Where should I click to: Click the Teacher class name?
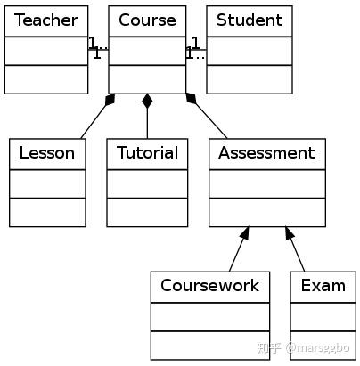[x=45, y=20]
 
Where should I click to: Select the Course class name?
[x=147, y=20]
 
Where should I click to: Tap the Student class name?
[x=250, y=20]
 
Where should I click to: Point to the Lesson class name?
[x=47, y=153]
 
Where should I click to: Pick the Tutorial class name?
[x=147, y=153]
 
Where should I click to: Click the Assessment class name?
[x=266, y=153]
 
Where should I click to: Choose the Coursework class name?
[x=209, y=286]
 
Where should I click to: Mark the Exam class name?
[x=323, y=286]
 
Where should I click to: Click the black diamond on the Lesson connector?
[x=110, y=100]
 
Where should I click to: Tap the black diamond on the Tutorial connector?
[x=147, y=101]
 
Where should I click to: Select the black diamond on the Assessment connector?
[x=191, y=99]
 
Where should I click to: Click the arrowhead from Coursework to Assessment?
[x=245, y=232]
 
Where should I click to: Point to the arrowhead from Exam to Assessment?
[x=290, y=232]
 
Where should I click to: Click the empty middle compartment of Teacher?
[x=46, y=51]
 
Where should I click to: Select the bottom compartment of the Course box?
[x=147, y=79]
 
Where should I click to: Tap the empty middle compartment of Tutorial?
[x=147, y=183]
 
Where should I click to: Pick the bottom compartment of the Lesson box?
[x=47, y=212]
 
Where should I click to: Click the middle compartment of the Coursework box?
[x=210, y=317]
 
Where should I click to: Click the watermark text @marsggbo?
[x=317, y=347]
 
